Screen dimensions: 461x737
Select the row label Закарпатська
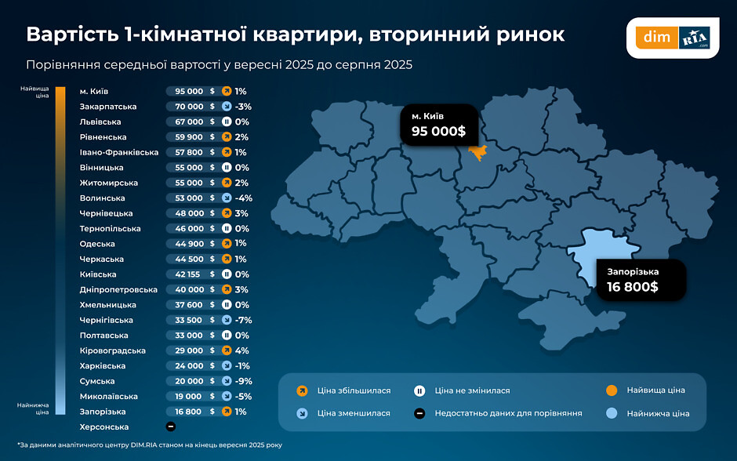(x=108, y=107)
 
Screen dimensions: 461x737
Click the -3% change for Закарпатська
(x=242, y=107)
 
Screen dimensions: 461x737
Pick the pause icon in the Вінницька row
(x=226, y=168)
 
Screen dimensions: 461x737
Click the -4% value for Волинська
(x=243, y=198)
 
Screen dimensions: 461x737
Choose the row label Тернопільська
(x=110, y=229)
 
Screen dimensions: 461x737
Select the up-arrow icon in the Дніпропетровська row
(x=226, y=290)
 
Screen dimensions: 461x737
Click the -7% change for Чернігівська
(x=243, y=321)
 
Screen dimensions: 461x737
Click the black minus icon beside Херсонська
(x=170, y=427)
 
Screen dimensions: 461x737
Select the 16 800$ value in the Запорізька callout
(x=632, y=287)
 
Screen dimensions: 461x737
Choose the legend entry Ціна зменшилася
(x=354, y=413)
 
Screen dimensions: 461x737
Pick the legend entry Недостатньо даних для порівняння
(x=508, y=413)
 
